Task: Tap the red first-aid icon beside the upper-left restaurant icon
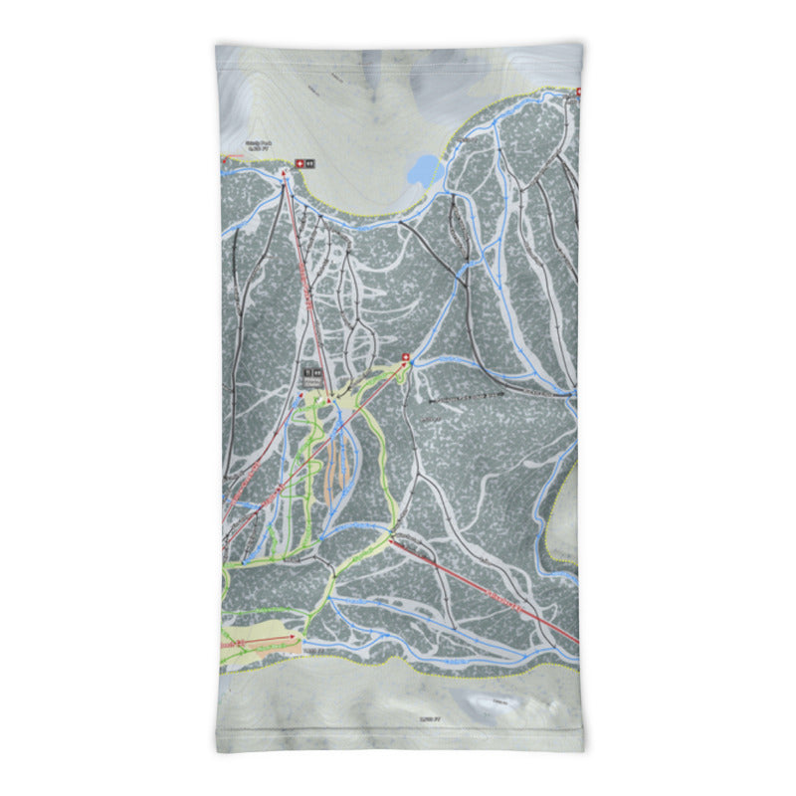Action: pos(298,162)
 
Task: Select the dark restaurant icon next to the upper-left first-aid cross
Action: pos(309,162)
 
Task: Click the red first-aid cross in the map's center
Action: pos(405,356)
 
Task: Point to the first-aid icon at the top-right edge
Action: pos(579,91)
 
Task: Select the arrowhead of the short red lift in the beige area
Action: pos(293,637)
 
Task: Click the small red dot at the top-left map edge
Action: pos(223,157)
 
